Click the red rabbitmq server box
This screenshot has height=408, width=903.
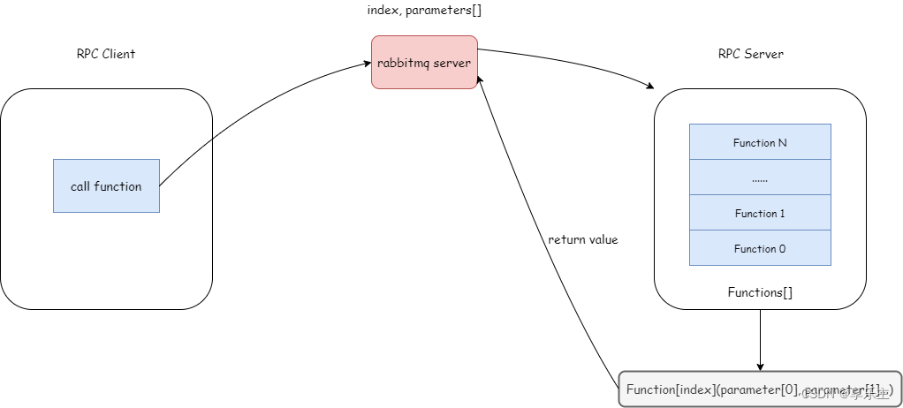pos(424,62)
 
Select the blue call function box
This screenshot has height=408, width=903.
pos(106,185)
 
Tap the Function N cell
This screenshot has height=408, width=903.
pos(760,142)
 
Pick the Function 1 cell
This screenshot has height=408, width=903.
pos(760,213)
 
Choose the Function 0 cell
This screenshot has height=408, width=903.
pos(760,248)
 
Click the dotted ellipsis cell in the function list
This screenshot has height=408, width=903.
pos(760,178)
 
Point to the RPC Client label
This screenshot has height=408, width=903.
pos(106,54)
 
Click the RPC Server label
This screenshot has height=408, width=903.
pos(750,54)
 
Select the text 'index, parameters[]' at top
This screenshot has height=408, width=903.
pos(424,11)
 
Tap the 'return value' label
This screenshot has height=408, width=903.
pos(583,239)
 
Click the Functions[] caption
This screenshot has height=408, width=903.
pos(760,291)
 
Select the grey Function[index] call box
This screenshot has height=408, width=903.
pos(760,389)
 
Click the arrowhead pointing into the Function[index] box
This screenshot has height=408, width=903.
pos(760,366)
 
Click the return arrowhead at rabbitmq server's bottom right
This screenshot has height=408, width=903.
pos(480,79)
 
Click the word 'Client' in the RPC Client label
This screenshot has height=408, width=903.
pos(118,54)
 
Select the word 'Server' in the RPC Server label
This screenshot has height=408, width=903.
pos(764,54)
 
